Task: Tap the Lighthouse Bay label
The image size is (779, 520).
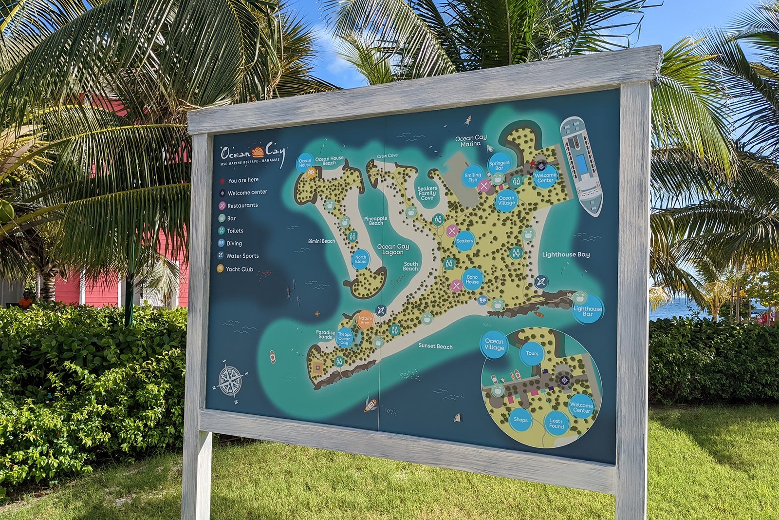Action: (566, 254)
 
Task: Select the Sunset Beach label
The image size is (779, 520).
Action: (435, 346)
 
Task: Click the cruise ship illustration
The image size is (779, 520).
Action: (582, 166)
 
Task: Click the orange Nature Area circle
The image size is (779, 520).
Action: (365, 320)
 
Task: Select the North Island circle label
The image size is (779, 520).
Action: (360, 259)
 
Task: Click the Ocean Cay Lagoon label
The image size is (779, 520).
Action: (393, 249)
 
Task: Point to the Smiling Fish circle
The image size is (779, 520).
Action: (473, 177)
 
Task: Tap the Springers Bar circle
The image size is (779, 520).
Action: (499, 164)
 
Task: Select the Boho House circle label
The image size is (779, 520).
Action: (472, 279)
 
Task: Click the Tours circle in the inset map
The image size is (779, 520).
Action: (532, 354)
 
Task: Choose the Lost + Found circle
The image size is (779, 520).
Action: (556, 423)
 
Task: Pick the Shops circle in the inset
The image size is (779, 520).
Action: (520, 420)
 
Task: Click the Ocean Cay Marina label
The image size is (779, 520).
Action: (471, 141)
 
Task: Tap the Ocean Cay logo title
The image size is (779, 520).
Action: (251, 153)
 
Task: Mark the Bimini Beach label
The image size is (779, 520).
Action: (321, 241)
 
